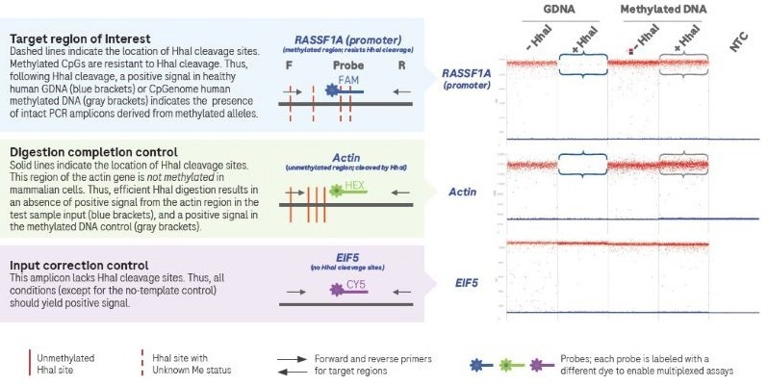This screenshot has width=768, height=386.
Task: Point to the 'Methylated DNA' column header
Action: [x=655, y=8]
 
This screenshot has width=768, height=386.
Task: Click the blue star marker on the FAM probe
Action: [x=334, y=90]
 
